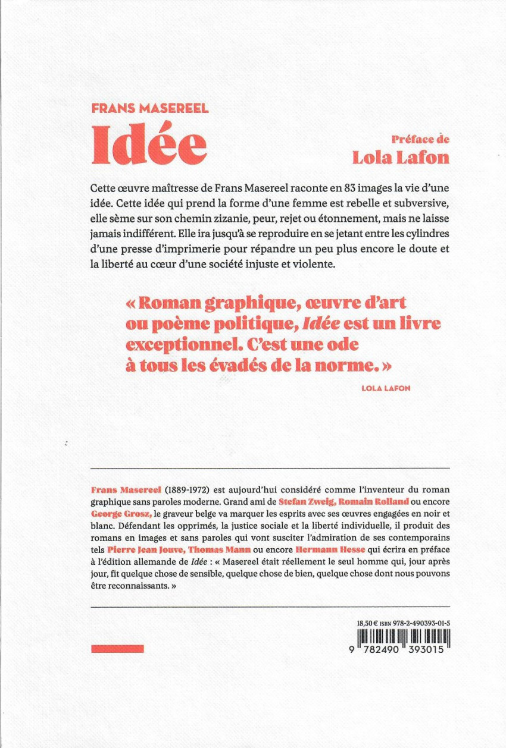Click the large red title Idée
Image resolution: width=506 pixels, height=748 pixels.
[x=149, y=146]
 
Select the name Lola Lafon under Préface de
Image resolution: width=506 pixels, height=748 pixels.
[x=400, y=158]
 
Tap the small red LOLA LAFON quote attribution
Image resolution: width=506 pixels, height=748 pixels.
[x=386, y=388]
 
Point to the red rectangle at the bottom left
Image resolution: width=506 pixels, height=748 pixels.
[x=117, y=649]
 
